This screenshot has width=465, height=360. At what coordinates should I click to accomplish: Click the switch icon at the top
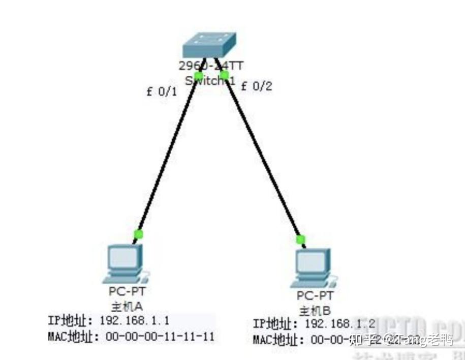pos(210,45)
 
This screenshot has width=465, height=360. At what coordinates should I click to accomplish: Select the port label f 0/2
pos(256,86)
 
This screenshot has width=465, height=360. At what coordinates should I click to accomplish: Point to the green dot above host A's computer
pos(138,234)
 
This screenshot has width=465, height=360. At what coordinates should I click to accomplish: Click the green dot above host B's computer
pos(301,239)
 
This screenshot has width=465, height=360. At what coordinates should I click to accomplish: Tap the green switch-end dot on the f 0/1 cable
pos(198,76)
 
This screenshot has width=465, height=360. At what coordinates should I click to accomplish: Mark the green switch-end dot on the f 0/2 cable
pos(224,75)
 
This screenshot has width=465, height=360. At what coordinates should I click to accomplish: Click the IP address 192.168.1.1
pos(134,320)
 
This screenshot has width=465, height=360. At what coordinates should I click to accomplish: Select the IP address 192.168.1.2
pos(339,324)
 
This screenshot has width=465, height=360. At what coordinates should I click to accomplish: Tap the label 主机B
pos(315,310)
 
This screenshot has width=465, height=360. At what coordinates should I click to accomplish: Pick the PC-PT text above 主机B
pos(315,295)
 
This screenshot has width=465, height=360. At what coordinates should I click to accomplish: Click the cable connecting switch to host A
pos(168,155)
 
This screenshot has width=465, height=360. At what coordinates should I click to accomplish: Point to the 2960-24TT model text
pos(210,66)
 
